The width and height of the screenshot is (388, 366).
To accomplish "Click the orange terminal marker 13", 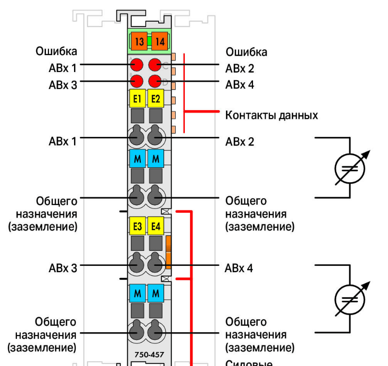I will [139, 42].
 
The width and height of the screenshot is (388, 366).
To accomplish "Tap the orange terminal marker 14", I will [160, 42].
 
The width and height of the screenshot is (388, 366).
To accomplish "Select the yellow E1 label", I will [137, 99].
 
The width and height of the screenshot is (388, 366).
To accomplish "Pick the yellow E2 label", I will [156, 99].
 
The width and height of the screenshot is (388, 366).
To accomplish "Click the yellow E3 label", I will [137, 225].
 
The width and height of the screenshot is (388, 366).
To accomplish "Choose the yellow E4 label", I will [156, 225].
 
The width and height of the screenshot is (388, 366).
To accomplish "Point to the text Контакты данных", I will [271, 116].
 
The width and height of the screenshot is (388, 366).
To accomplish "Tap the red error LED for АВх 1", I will [137, 64].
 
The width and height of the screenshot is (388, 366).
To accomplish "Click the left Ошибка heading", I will [56, 51].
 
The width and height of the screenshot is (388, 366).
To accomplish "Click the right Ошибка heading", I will [246, 51].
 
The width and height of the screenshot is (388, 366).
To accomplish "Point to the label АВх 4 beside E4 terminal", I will [239, 268].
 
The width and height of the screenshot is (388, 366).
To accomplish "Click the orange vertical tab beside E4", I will [168, 252].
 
